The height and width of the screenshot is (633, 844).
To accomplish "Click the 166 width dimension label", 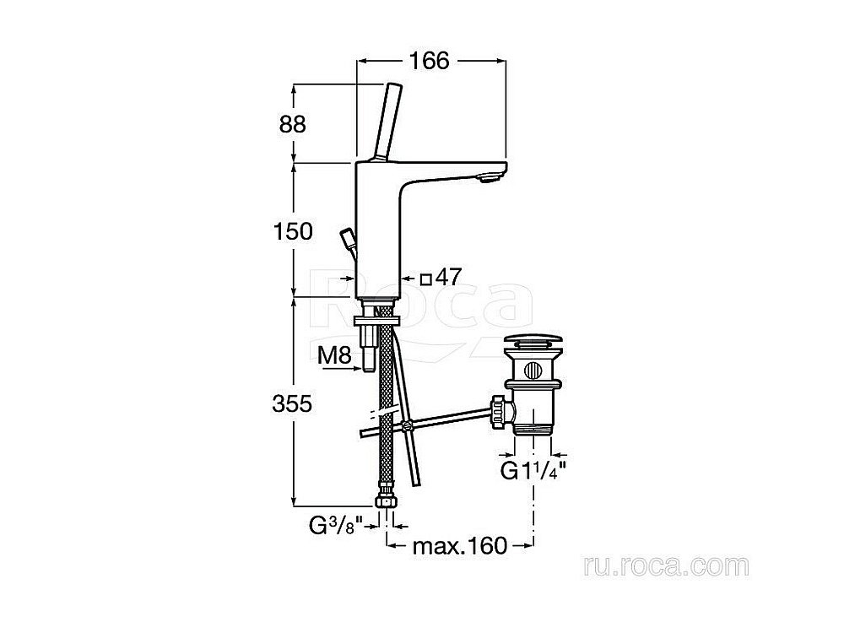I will point(429,60).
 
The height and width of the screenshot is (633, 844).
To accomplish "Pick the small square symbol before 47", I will point(427,278).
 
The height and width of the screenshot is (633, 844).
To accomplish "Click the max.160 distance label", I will point(459,547).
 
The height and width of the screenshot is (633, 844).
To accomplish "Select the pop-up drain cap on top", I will point(532,345).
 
